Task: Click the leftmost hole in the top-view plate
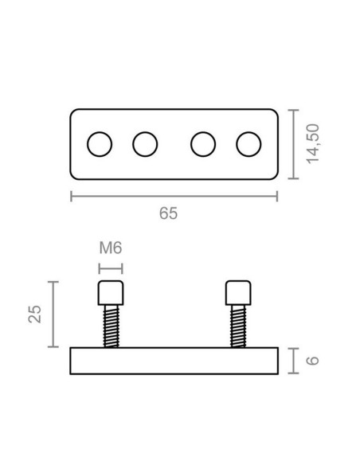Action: point(100,144)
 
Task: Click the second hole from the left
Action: point(145,144)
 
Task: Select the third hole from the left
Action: point(204,144)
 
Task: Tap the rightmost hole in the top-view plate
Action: point(249,144)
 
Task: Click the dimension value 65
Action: point(168,213)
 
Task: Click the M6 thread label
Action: point(110,248)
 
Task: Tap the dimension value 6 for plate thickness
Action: point(313,360)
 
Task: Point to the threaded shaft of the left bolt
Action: point(110,326)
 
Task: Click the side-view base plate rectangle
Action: point(174,361)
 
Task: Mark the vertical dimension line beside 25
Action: point(53,314)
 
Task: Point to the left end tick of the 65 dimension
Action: point(72,196)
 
